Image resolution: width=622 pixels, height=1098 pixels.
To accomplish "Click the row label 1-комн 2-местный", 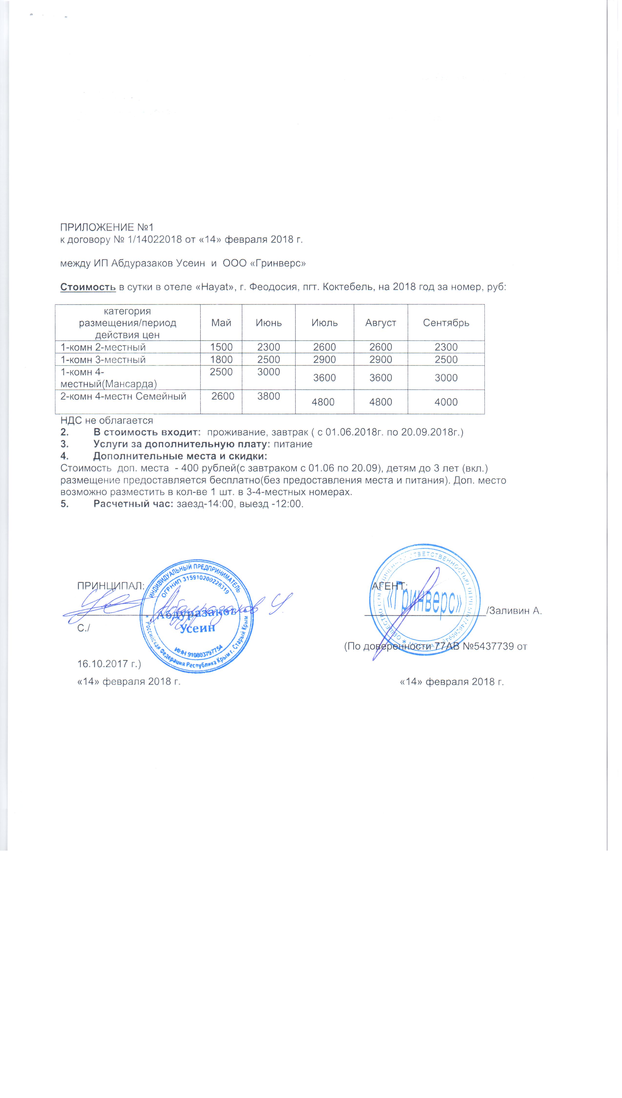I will point(103,347).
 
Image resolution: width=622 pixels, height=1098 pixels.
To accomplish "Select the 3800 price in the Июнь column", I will point(268,396).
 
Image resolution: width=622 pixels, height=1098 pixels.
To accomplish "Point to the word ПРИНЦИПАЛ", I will point(110,586).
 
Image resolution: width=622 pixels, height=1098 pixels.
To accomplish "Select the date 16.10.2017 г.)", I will point(109,664).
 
